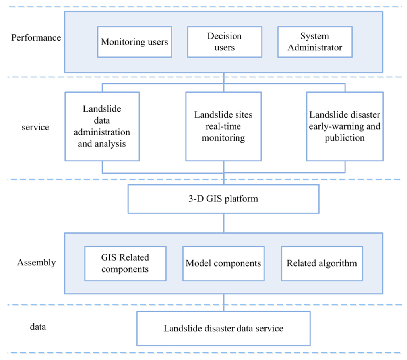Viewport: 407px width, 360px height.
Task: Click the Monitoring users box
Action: coord(135,42)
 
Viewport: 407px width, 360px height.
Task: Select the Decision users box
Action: coord(224,42)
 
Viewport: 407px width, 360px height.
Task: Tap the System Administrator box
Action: coord(315,42)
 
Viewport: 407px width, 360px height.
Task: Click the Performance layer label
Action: coord(36,38)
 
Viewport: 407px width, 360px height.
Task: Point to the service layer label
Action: coord(36,127)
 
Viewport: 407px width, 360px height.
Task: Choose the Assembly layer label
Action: coord(36,263)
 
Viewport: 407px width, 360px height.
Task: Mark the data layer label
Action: coord(38,327)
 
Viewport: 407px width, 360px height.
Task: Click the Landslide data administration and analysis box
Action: coord(102,126)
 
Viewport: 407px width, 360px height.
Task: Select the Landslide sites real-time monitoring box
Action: coord(223,126)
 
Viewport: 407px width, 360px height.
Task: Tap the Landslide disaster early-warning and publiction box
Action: coord(345,126)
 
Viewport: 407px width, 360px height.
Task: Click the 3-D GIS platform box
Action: coord(223,199)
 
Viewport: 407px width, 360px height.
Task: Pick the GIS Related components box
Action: coord(125,263)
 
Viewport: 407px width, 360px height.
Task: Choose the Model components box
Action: coord(223,263)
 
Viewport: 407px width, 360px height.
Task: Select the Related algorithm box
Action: coord(322,263)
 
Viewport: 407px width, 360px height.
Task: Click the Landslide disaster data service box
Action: coord(223,329)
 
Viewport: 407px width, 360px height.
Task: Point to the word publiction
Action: coord(345,138)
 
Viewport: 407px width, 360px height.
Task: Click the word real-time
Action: coord(223,126)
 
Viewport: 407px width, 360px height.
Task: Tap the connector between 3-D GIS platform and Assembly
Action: coord(224,223)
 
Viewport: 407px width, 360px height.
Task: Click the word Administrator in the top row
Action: coord(315,48)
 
